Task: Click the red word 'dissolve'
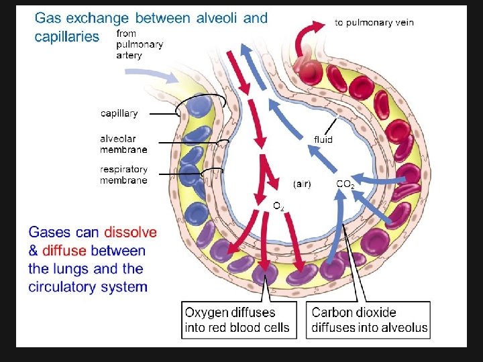pos(130,233)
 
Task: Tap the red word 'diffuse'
pos(64,251)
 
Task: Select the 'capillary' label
pos(119,113)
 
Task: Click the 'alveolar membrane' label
pos(123,144)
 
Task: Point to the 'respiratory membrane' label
pos(123,175)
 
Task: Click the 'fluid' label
pos(323,139)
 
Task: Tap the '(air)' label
pos(302,184)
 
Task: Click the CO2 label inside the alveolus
pos(345,184)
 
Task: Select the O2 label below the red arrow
pos(278,206)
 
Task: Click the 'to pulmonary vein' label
pos(374,23)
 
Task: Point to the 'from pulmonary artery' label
pos(139,44)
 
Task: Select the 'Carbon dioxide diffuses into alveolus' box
pos(369,320)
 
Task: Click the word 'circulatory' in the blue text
pos(60,287)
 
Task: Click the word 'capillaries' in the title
pos(66,36)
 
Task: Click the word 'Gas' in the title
pos(49,18)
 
